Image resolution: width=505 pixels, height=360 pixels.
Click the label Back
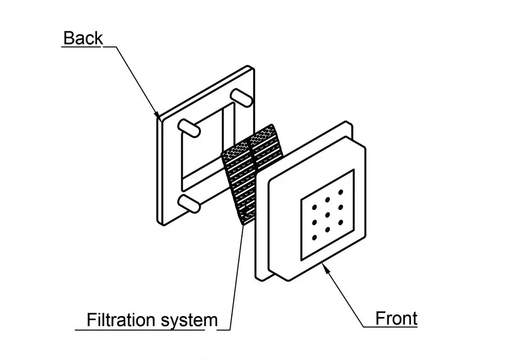click(x=83, y=38)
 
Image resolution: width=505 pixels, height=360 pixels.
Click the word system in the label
click(x=188, y=320)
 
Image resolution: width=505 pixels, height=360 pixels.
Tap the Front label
click(x=396, y=319)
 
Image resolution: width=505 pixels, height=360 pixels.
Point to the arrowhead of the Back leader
click(x=159, y=116)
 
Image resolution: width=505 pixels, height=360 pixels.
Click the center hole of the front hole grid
click(x=328, y=215)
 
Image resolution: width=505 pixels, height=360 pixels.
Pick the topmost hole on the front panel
click(x=341, y=192)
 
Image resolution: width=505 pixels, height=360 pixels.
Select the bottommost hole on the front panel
click(x=315, y=237)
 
